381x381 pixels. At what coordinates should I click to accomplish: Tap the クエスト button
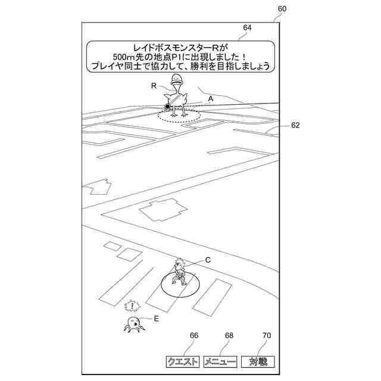tap(183, 362)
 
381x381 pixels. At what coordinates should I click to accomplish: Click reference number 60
tap(282, 9)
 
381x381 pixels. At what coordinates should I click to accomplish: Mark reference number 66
tap(194, 336)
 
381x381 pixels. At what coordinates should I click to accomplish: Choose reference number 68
tap(229, 336)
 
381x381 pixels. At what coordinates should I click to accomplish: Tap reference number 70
tap(267, 336)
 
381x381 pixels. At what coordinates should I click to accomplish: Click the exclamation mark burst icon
tap(132, 307)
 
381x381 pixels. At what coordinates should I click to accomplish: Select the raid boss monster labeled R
tap(177, 95)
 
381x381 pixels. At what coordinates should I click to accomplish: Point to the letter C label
tap(208, 260)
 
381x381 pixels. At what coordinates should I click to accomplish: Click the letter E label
tap(156, 318)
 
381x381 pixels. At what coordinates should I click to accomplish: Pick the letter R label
tap(154, 86)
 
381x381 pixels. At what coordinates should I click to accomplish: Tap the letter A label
tap(210, 98)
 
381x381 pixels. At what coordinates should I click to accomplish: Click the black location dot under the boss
tap(168, 107)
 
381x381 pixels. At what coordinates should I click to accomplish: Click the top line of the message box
tap(182, 46)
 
